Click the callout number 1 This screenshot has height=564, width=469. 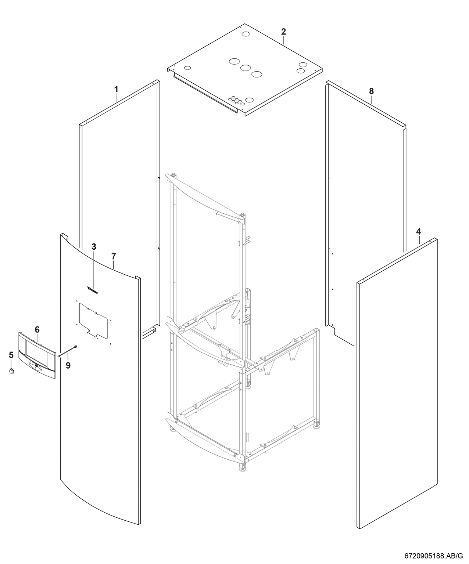(116, 89)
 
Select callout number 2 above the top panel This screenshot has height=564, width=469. (283, 32)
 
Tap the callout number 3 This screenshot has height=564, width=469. (94, 246)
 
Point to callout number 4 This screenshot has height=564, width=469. (418, 231)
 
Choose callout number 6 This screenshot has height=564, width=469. (37, 329)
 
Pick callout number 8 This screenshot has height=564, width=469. (371, 91)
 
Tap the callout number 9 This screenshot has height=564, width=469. (68, 365)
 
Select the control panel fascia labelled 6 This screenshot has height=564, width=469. (37, 355)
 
